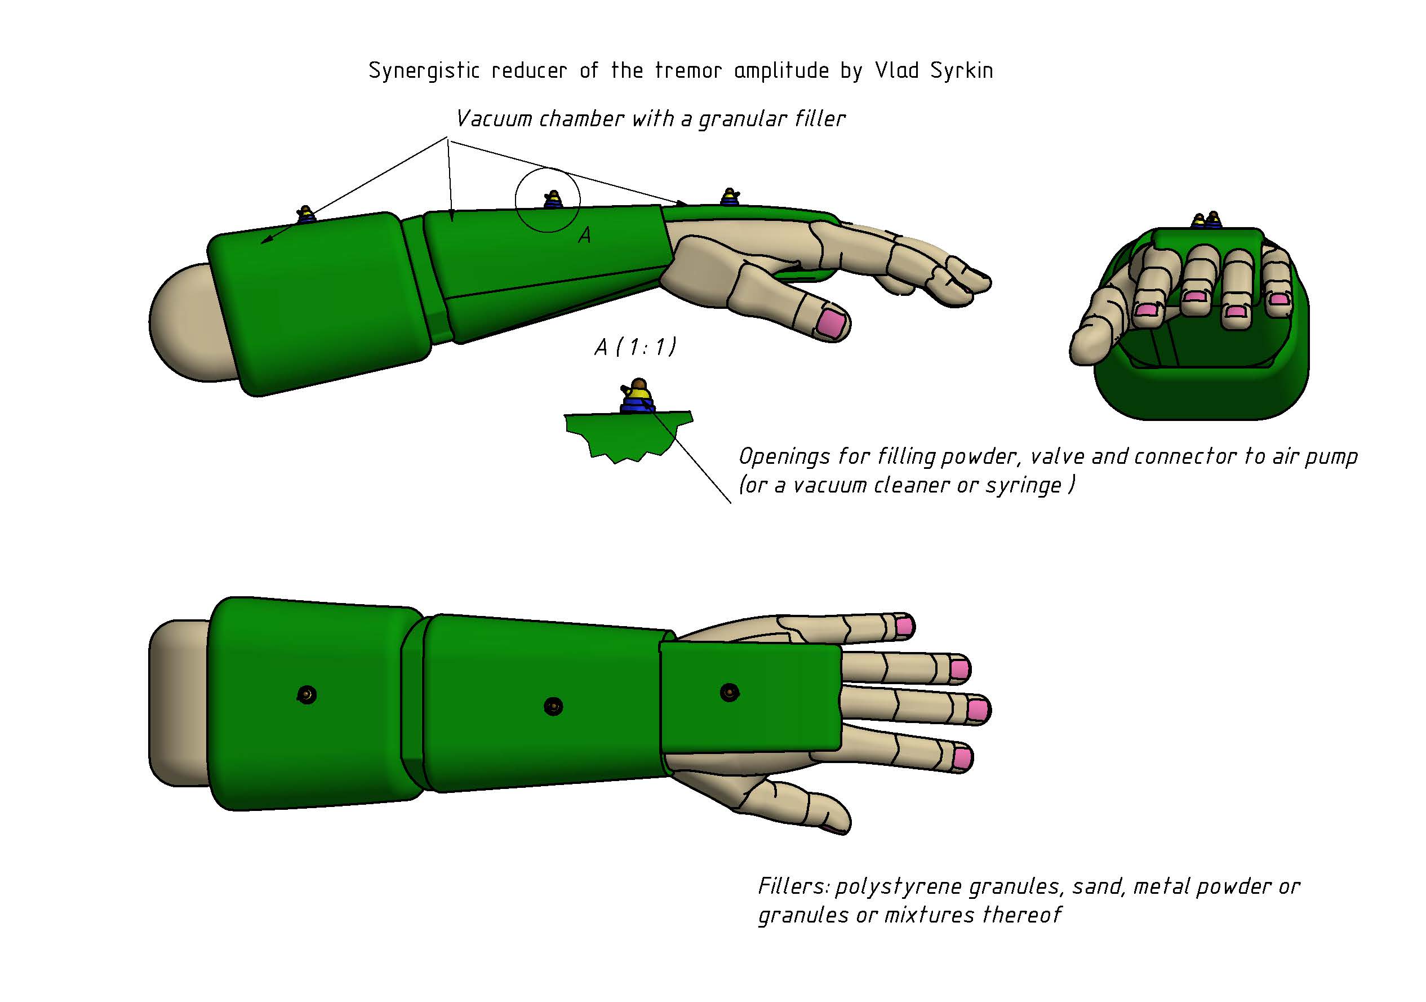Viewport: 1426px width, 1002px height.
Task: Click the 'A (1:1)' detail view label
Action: (x=635, y=347)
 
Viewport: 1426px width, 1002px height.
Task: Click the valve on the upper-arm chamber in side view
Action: (x=305, y=215)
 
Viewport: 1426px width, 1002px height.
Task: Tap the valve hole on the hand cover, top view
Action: (x=729, y=692)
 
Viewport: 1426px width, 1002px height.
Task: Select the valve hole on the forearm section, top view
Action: (x=553, y=706)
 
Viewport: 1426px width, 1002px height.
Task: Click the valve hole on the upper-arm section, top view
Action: (x=307, y=694)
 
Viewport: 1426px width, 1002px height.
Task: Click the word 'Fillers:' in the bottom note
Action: (x=793, y=886)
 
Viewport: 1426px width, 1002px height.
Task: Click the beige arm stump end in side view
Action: (x=180, y=323)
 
